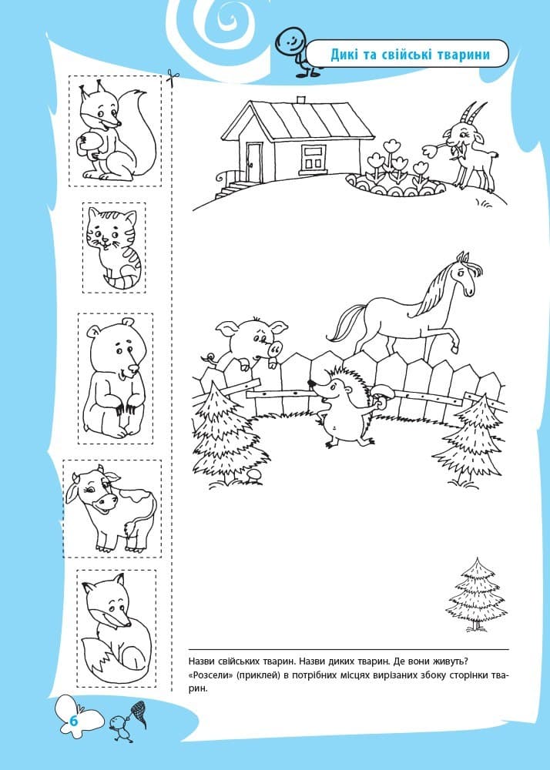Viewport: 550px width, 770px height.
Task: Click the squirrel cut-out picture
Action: pos(116,131)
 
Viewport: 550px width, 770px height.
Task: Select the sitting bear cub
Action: pos(116,378)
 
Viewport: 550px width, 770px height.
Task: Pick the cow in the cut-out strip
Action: pos(112,509)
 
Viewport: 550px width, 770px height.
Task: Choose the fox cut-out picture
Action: pos(116,628)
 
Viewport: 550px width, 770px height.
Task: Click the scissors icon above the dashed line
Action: pos(172,78)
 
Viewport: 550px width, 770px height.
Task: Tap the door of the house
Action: pos(254,161)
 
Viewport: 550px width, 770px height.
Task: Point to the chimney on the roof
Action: pos(302,99)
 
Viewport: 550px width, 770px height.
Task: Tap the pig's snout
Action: pos(276,349)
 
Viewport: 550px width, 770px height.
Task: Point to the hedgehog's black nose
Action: pos(311,383)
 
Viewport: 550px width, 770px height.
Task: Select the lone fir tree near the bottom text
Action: pos(476,594)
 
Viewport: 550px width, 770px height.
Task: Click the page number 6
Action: pos(74,721)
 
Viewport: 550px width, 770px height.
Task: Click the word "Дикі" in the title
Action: pos(345,55)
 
